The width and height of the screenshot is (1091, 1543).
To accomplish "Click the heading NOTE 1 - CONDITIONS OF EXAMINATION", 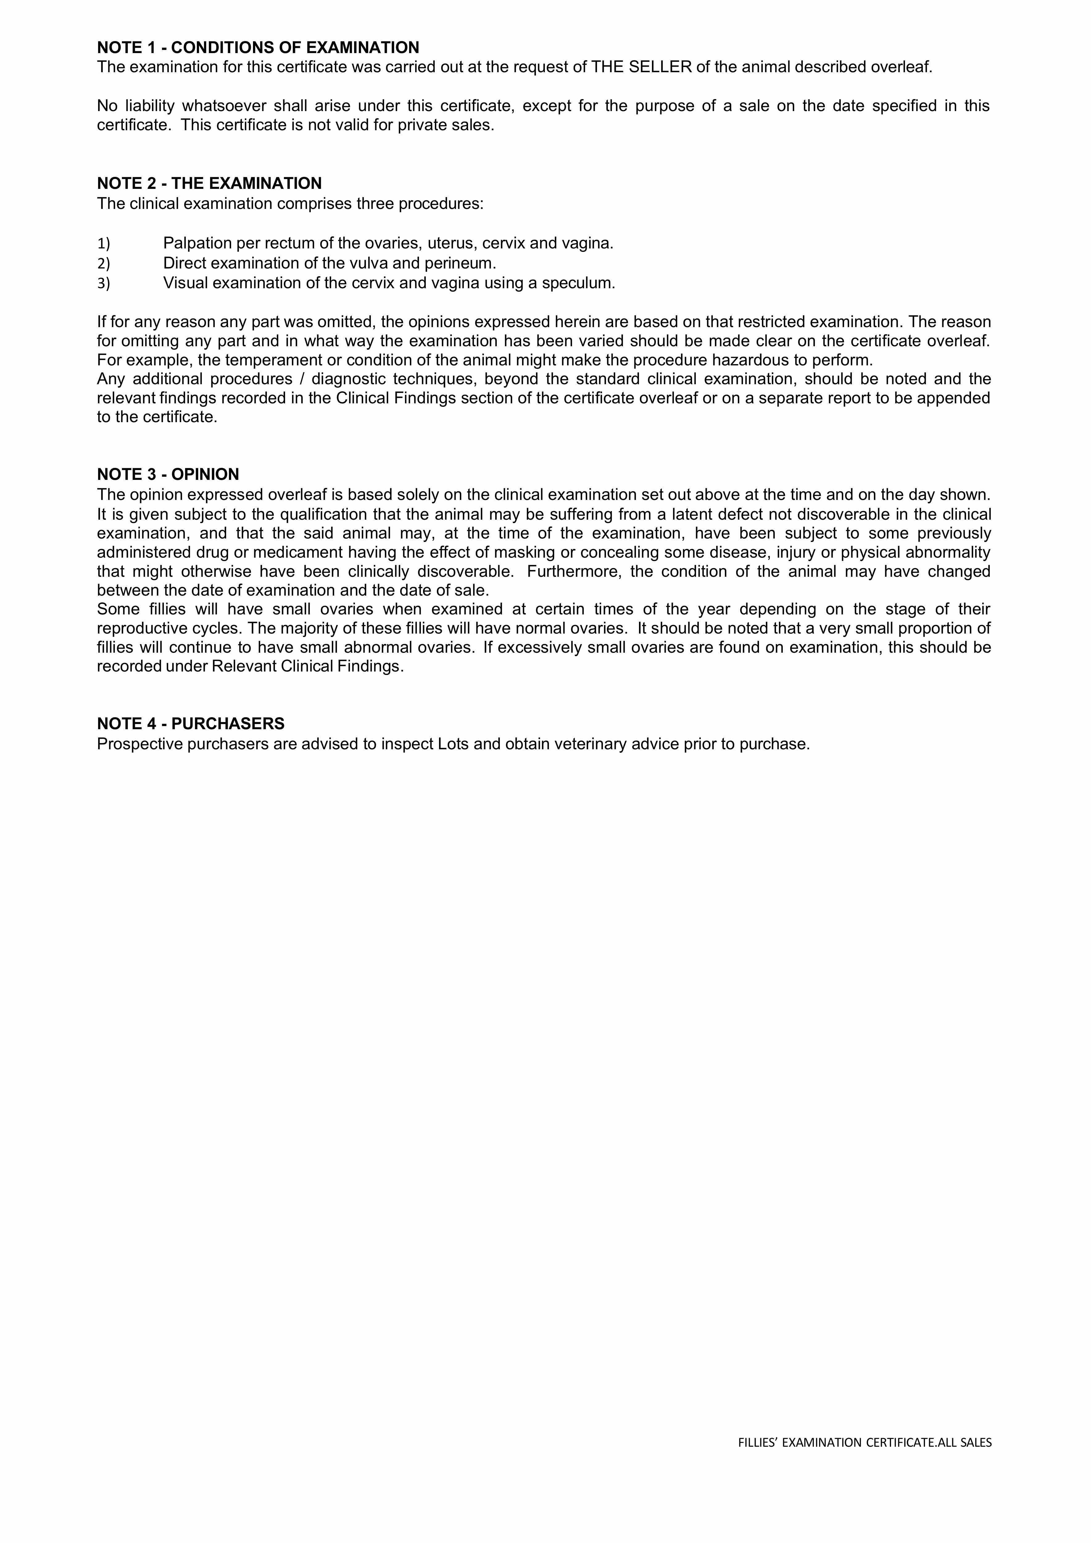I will click(258, 48).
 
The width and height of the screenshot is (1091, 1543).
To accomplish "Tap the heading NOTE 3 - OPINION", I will click(168, 474).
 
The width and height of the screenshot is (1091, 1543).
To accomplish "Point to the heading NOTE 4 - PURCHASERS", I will click(191, 724).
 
